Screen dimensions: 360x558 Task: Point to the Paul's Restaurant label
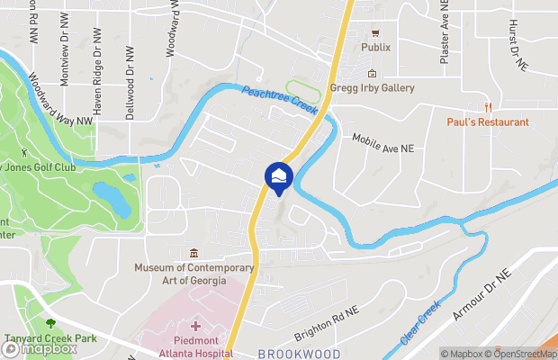pyautogui.click(x=488, y=121)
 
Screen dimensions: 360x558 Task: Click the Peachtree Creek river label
pyautogui.click(x=280, y=98)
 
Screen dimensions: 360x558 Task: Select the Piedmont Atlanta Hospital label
pyautogui.click(x=193, y=348)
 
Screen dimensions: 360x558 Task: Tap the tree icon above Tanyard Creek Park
pyautogui.click(x=50, y=321)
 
